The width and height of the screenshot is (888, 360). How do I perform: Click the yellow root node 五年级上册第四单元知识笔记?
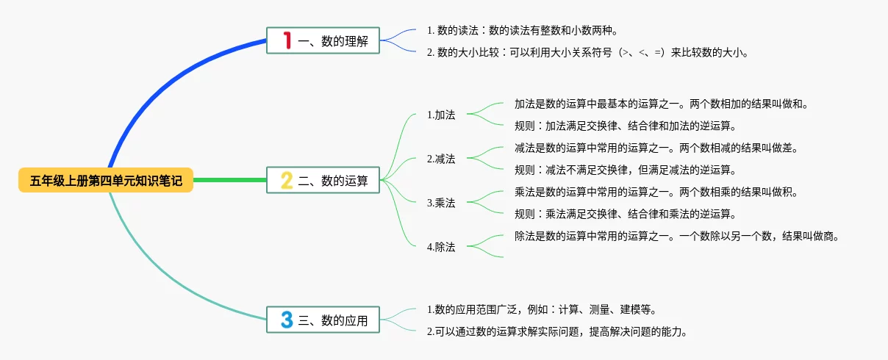(x=106, y=180)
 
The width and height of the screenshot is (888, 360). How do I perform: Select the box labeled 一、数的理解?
(x=323, y=40)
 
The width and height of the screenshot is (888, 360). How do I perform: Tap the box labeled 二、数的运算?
(x=323, y=180)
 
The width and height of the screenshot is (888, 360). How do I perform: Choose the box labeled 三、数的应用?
(x=323, y=320)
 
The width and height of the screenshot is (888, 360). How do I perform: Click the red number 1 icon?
(x=287, y=40)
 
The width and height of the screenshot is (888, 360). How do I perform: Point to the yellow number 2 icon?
(x=287, y=180)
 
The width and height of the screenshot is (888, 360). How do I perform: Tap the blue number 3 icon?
(x=287, y=320)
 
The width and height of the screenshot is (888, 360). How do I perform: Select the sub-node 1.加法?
(x=441, y=115)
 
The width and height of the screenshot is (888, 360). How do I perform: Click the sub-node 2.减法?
(x=441, y=159)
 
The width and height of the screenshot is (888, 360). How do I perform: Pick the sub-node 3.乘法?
(x=441, y=203)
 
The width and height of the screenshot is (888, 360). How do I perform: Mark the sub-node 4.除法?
(x=441, y=247)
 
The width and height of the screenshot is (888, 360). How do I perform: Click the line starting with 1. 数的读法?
(x=523, y=30)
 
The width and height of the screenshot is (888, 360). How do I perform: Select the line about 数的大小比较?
(x=587, y=52)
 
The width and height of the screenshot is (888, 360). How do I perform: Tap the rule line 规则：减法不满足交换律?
(x=626, y=170)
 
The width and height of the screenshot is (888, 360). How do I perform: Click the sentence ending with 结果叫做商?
(x=677, y=236)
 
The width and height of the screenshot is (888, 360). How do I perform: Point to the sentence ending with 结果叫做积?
(x=656, y=192)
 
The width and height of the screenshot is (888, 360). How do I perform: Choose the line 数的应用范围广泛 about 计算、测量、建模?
(x=542, y=309)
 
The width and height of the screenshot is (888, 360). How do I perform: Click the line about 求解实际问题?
(x=557, y=331)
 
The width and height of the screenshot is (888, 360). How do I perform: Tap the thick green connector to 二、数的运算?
(x=230, y=180)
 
